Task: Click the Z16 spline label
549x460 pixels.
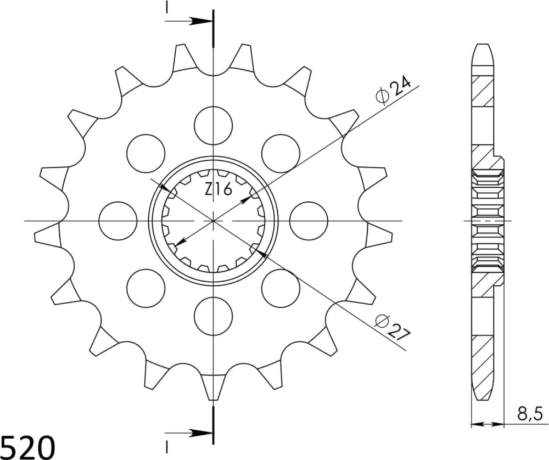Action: pyautogui.click(x=219, y=189)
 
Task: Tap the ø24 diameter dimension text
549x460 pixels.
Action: pyautogui.click(x=393, y=91)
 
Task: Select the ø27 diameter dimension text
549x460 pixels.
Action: pyautogui.click(x=393, y=328)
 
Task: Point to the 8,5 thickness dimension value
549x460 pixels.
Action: pyautogui.click(x=530, y=413)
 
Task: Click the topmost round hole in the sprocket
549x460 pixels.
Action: pyautogui.click(x=213, y=126)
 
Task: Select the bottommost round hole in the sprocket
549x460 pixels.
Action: pyautogui.click(x=213, y=316)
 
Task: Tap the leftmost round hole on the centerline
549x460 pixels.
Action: pyautogui.click(x=117, y=221)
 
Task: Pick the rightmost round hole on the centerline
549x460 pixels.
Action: pyautogui.click(x=309, y=221)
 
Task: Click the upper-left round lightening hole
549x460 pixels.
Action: pyautogui.click(x=145, y=153)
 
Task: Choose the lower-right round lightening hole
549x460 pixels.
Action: pyautogui.click(x=281, y=288)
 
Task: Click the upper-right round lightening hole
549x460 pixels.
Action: pyautogui.click(x=281, y=153)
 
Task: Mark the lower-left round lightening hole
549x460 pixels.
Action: pyautogui.click(x=145, y=288)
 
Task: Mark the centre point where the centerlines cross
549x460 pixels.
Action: pyautogui.click(x=213, y=221)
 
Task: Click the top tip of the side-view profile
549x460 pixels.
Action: pyautogui.click(x=481, y=46)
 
